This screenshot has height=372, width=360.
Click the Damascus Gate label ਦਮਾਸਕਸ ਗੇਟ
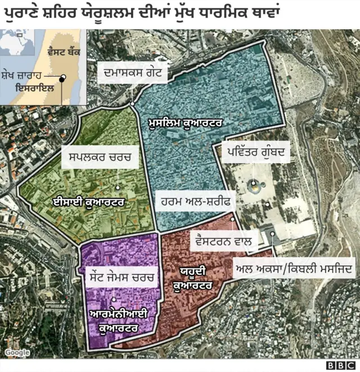click(132, 73)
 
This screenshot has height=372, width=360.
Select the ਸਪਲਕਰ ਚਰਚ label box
click(100, 157)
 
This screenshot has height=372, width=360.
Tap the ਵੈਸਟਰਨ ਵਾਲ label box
click(224, 241)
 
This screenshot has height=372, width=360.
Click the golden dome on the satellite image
click(254, 184)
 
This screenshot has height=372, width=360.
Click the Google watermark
click(17, 353)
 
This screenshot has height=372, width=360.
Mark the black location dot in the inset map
click(63, 77)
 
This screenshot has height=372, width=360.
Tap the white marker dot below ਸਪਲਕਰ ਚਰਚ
click(118, 188)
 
